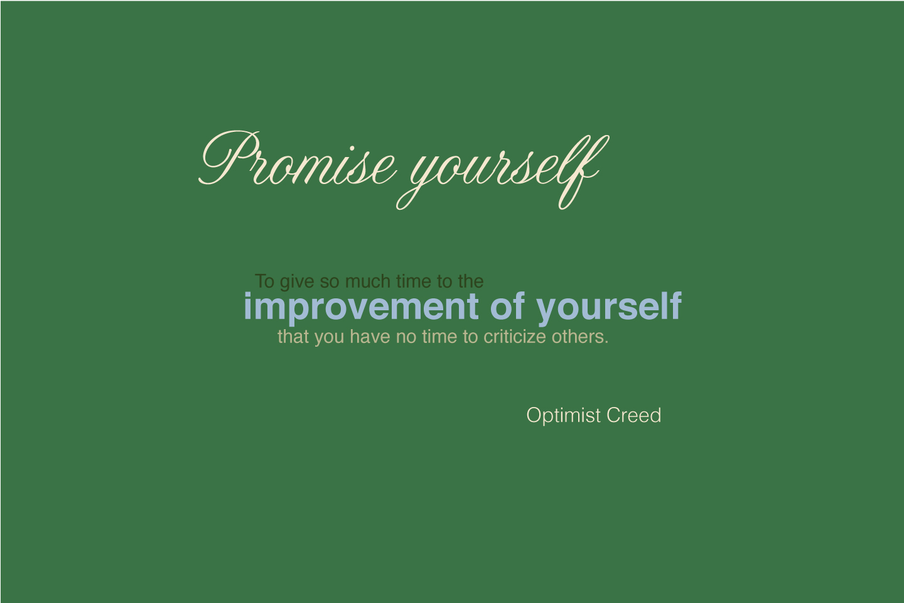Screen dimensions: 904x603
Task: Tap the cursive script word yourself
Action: pos(503,172)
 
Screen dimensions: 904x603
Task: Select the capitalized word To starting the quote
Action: pos(265,281)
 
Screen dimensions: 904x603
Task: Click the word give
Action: pos(297,282)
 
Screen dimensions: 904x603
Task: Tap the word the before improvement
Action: pos(471,281)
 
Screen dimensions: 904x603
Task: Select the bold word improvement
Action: pos(361,308)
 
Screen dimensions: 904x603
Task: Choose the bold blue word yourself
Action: pos(609,308)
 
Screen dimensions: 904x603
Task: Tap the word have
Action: pos(370,337)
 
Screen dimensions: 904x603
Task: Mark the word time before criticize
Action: pos(439,337)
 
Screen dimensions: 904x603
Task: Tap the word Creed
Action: pos(634,415)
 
